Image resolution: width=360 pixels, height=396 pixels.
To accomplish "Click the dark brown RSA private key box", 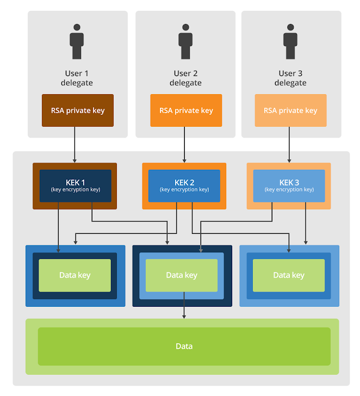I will coord(77,110).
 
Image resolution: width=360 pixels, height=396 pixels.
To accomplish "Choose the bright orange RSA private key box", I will coord(186,110).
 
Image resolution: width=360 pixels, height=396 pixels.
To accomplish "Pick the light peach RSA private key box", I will coord(290,110).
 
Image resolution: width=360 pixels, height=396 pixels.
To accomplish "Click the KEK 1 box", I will coord(75,185).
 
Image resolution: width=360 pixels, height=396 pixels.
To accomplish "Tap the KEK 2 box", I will coord(184,185).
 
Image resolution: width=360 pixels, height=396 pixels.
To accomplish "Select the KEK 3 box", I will coord(289,185).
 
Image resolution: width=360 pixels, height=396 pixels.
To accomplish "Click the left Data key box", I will coord(75,275).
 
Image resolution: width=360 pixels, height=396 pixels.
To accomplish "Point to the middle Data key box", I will coord(182,275).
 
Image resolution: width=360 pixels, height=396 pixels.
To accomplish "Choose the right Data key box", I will coord(289,275).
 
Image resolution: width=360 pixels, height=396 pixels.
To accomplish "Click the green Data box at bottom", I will coord(184,346).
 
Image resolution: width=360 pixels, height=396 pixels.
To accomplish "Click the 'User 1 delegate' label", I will coord(77,78).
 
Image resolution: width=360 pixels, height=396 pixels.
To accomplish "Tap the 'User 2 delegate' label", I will coord(185,78).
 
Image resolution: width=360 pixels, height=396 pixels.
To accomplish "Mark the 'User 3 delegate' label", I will coord(290,78).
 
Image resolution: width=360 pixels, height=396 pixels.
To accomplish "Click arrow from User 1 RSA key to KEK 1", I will coord(75,145).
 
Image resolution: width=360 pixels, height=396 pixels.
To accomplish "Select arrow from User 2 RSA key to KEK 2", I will coord(184,145).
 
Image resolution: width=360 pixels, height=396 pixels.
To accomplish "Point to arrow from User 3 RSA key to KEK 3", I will coord(289,145).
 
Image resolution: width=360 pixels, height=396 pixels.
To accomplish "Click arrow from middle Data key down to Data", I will coord(184,305).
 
